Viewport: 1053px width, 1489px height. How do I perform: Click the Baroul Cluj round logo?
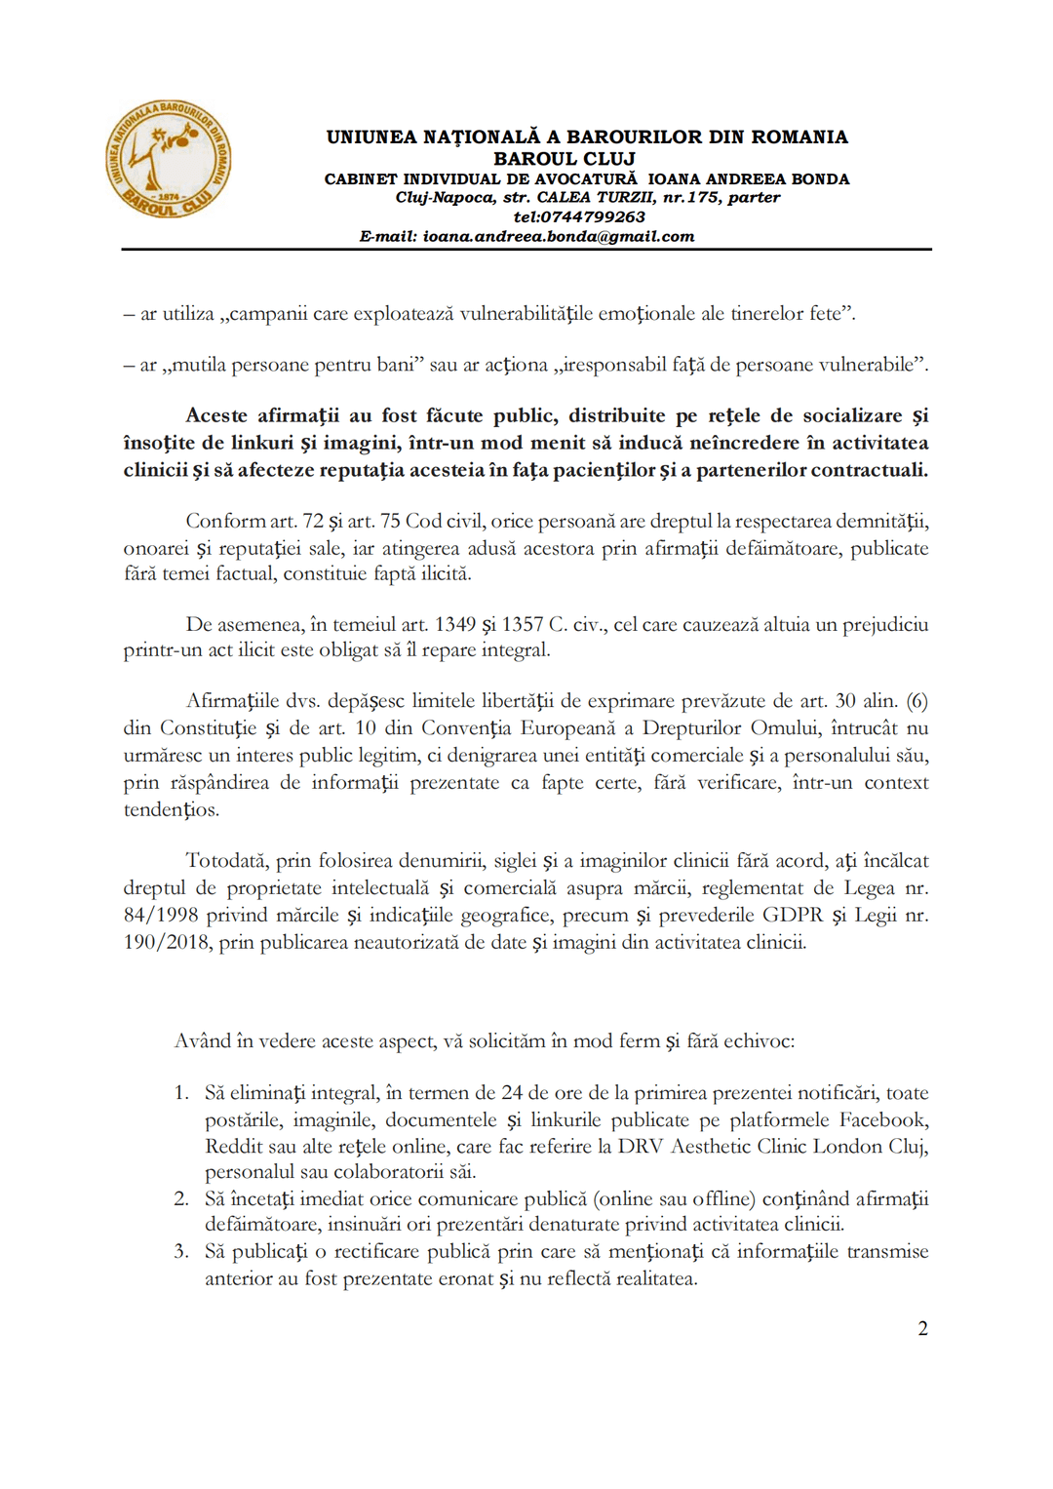click(169, 159)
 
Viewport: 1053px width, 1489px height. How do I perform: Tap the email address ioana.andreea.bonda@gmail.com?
click(558, 236)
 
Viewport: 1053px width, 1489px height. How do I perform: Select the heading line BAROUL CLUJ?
click(564, 158)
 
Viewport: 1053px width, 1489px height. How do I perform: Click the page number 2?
click(922, 1328)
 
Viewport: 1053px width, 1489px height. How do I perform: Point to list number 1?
click(180, 1093)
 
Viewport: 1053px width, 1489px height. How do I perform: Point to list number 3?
click(180, 1251)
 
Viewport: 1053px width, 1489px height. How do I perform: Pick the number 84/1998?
click(160, 915)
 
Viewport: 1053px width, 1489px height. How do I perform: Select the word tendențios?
click(171, 809)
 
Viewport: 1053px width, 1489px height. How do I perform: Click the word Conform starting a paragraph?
click(224, 521)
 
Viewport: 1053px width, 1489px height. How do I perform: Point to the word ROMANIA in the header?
click(799, 137)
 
